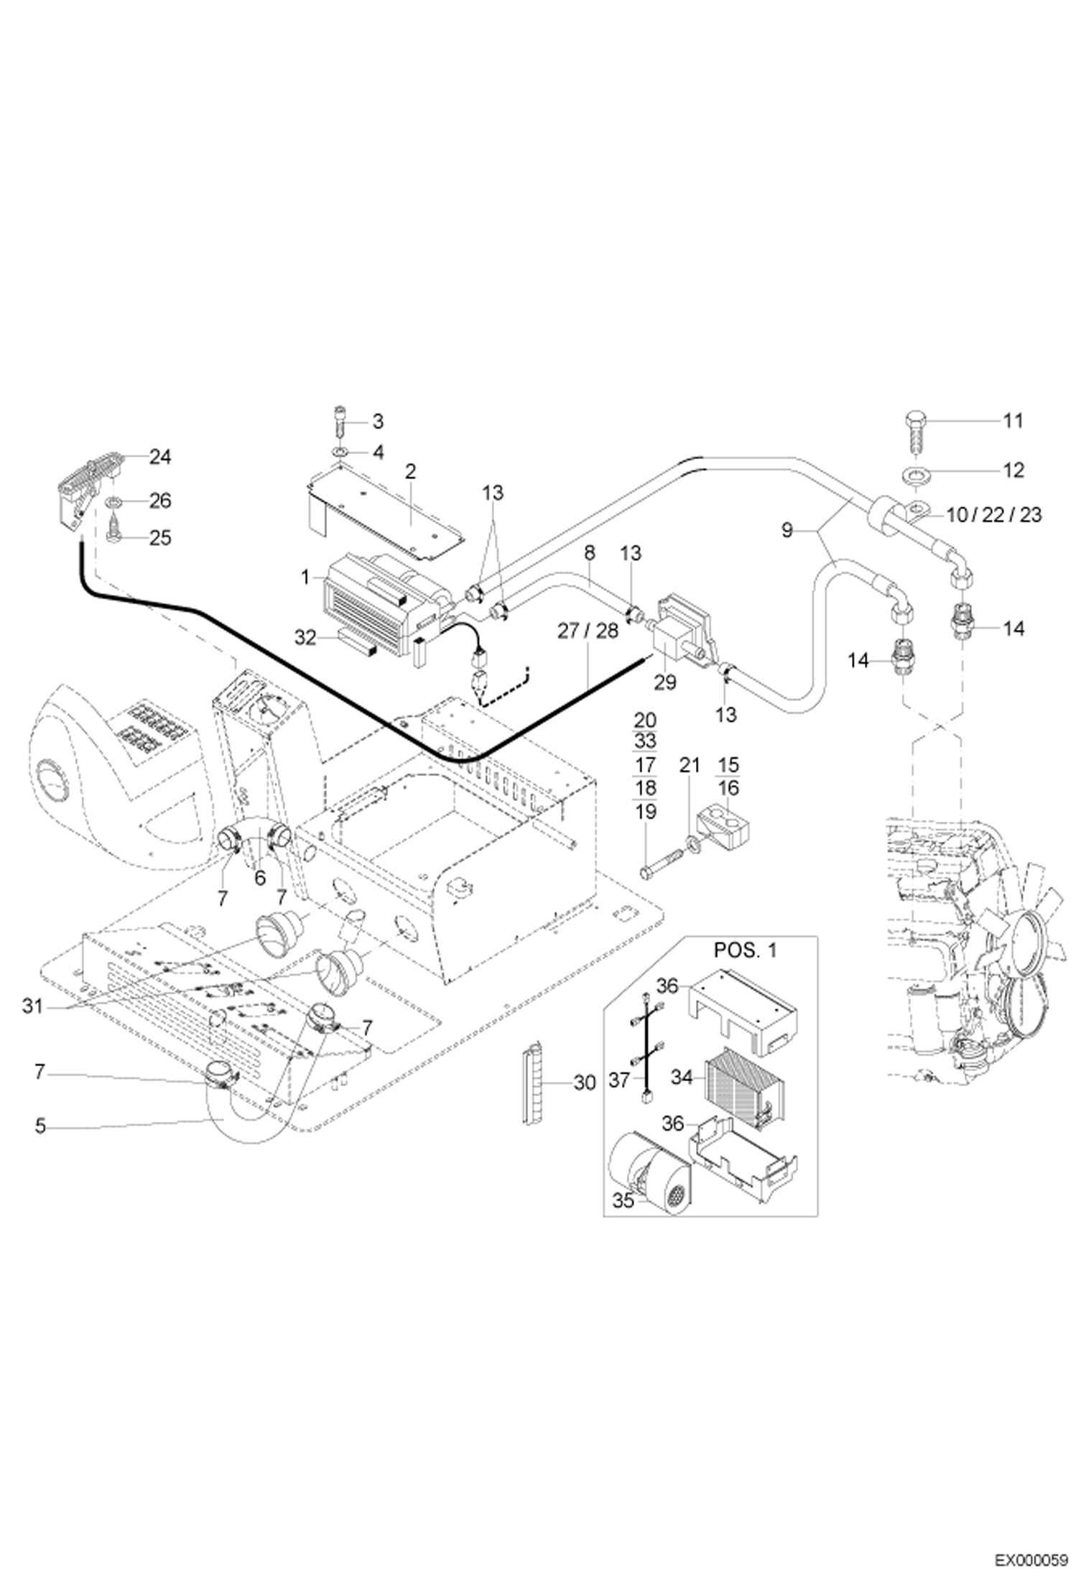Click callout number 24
coord(159,456)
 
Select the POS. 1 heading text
coord(745,950)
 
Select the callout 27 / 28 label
coord(588,630)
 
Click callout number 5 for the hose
coord(40,1126)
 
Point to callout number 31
coord(32,1006)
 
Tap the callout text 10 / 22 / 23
coord(994,514)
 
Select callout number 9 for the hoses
coord(787,530)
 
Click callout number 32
coord(305,637)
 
